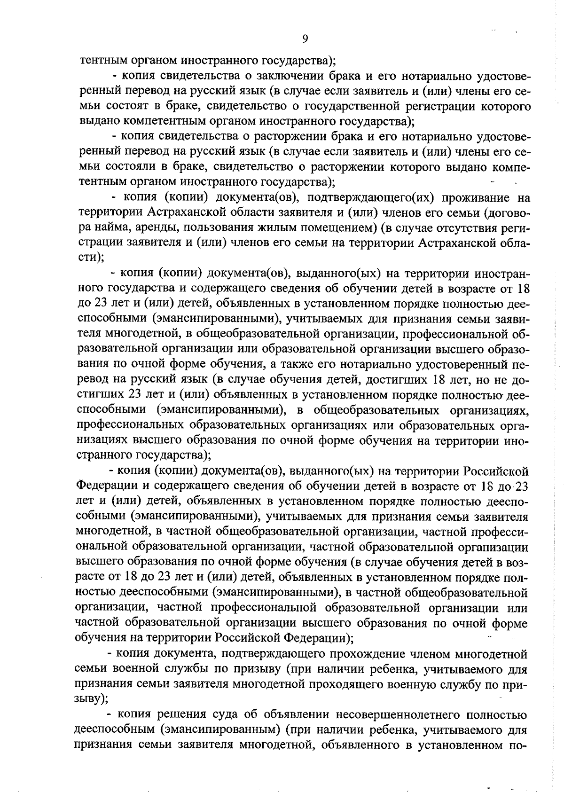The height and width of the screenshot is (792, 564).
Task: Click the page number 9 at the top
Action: [x=305, y=39]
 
